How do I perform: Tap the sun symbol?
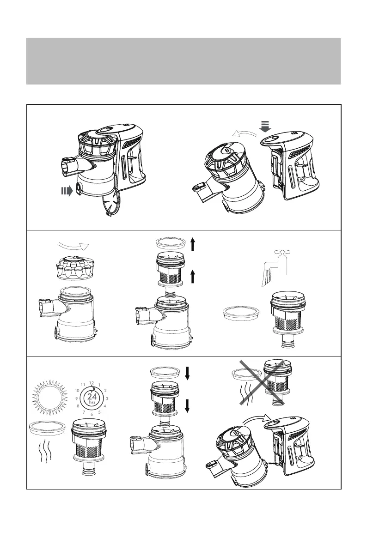(49, 396)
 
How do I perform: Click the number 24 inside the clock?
(92, 396)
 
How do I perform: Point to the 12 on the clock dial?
(92, 383)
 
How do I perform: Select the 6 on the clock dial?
(92, 414)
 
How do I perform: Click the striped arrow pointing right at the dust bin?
(67, 191)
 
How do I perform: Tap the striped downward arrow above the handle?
(265, 126)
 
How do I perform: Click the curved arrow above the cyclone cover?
(73, 245)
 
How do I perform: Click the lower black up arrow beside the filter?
(192, 277)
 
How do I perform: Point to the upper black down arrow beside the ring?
(187, 373)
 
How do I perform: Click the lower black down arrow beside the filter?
(187, 405)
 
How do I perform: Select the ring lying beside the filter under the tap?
(241, 313)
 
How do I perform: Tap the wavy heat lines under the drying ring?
(45, 451)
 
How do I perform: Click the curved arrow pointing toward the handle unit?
(257, 418)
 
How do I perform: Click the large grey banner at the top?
(183, 61)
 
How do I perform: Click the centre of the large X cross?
(262, 382)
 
